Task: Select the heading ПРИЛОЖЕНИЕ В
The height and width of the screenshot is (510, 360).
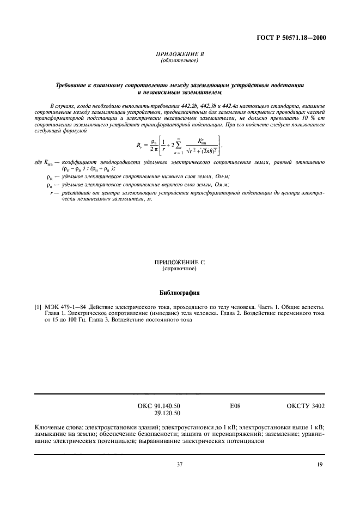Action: pyautogui.click(x=180, y=54)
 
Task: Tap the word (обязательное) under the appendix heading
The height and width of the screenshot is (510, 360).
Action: pyautogui.click(x=180, y=60)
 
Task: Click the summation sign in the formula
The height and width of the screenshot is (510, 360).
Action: pyautogui.click(x=178, y=145)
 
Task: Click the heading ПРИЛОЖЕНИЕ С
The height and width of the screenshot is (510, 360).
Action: pyautogui.click(x=180, y=263)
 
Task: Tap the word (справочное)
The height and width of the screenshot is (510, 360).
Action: pyautogui.click(x=180, y=269)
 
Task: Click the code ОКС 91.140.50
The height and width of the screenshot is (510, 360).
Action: pyautogui.click(x=160, y=406)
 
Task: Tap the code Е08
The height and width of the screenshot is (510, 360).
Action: pyautogui.click(x=235, y=406)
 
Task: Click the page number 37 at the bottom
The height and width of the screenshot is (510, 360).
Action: pyautogui.click(x=180, y=464)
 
